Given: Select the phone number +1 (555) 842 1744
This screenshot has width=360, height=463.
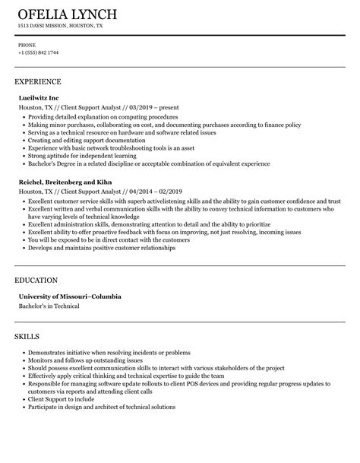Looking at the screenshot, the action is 38,52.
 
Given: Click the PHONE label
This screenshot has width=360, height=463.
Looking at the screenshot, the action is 27,45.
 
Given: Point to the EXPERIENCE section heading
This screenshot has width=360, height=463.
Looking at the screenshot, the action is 37,81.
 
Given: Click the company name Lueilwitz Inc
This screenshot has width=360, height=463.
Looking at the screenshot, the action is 41,98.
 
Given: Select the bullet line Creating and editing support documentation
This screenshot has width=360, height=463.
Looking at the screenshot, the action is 84,139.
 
